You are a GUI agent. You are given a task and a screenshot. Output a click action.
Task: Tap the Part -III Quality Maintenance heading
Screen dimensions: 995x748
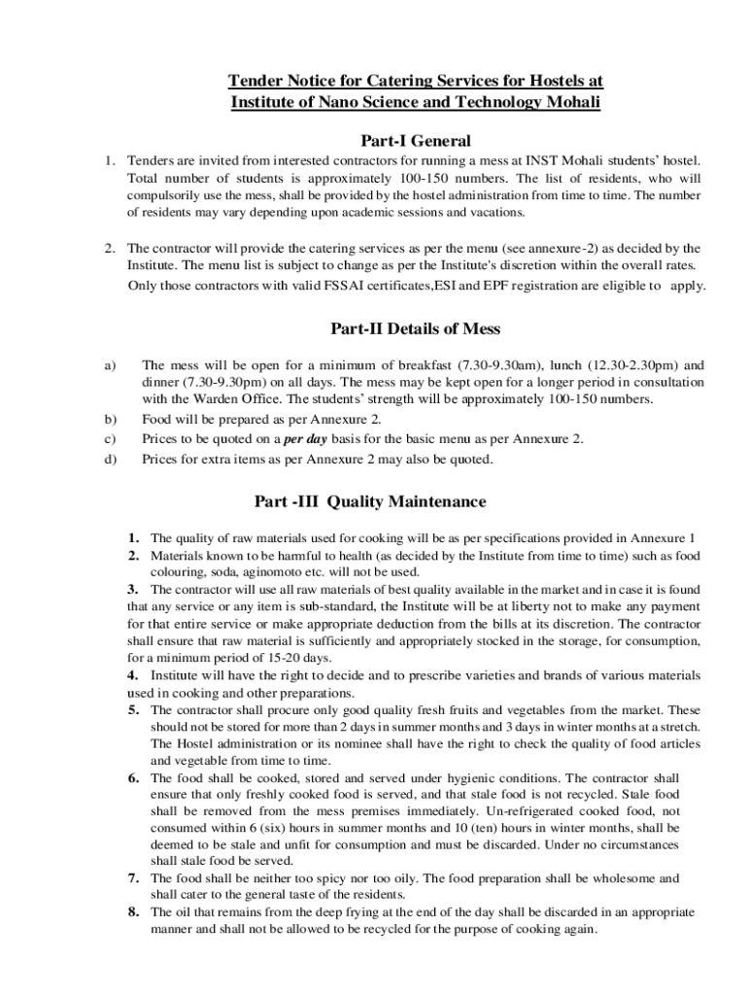[x=369, y=501]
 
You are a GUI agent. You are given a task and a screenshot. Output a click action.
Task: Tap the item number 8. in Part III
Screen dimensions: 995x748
[x=135, y=911]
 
